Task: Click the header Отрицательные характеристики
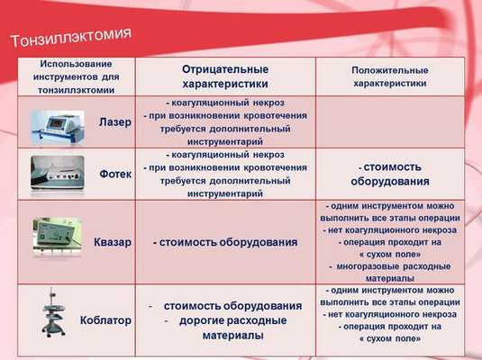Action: (x=225, y=76)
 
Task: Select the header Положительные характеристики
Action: (x=390, y=76)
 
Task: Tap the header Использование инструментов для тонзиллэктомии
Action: (x=77, y=76)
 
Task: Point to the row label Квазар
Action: (x=113, y=242)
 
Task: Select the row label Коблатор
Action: (x=107, y=319)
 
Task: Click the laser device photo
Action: (x=57, y=122)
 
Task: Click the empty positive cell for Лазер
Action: (x=390, y=122)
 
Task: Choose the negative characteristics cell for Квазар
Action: (x=225, y=242)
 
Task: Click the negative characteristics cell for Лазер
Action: (x=225, y=122)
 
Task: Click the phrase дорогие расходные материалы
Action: (x=232, y=328)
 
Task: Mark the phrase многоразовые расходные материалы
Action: (x=390, y=273)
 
